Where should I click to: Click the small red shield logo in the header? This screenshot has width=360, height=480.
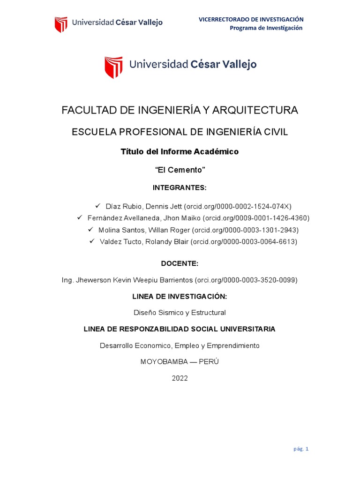(x=61, y=24)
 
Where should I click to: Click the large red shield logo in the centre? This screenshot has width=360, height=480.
(x=113, y=67)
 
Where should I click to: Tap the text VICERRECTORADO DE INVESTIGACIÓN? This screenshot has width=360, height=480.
(x=251, y=19)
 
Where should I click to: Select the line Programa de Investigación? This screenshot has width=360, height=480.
(x=266, y=28)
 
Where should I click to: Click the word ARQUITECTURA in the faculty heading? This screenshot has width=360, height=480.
(x=255, y=110)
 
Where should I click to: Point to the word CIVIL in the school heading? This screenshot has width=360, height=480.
(x=277, y=132)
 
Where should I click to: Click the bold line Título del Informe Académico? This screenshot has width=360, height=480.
(x=180, y=151)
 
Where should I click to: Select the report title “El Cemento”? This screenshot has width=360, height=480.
(x=180, y=169)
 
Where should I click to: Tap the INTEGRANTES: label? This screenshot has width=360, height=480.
(x=180, y=187)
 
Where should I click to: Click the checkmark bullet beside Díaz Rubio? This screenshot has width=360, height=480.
(x=98, y=206)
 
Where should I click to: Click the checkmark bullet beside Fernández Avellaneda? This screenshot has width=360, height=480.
(x=80, y=217)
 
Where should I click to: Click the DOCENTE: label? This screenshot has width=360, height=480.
(x=180, y=263)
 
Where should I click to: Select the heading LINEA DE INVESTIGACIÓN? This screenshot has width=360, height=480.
(x=180, y=296)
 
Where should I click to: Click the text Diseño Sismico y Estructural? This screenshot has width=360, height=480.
(x=180, y=312)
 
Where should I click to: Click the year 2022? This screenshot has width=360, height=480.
(x=180, y=378)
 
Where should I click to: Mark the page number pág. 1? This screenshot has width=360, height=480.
(x=301, y=449)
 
